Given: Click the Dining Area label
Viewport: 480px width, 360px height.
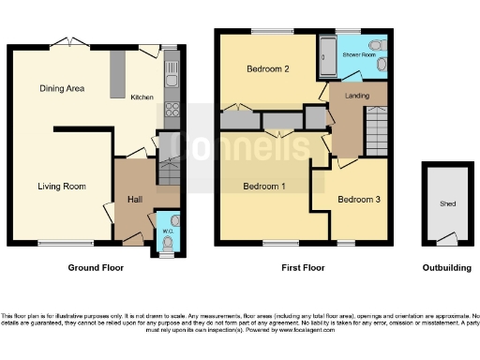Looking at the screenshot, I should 63,89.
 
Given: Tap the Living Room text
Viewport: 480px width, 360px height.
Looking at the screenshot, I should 63,187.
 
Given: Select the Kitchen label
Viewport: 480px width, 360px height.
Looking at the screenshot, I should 142,97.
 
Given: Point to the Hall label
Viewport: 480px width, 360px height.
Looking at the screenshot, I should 134,199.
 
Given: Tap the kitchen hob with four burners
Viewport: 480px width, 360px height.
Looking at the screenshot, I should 172,114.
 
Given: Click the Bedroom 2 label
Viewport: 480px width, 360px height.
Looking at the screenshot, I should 267,69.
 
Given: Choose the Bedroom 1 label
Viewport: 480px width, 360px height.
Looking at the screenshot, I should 263,187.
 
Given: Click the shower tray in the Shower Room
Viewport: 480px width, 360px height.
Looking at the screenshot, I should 327,59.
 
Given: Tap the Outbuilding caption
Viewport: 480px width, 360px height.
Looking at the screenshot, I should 446,267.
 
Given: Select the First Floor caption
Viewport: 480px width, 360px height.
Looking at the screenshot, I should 303,267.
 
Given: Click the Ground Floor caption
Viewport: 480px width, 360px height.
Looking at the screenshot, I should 95,267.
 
